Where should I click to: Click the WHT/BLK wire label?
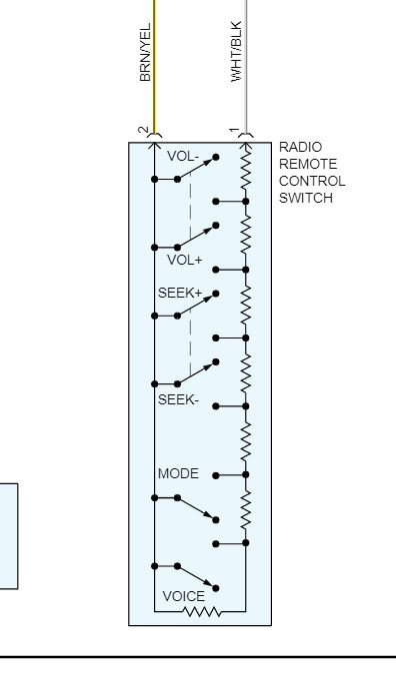tap(237, 52)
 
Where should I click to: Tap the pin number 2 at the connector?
tap(143, 131)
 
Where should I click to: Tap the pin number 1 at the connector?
tap(233, 131)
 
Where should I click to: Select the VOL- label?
tap(183, 156)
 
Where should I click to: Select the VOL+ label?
tap(184, 260)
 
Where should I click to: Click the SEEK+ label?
tap(180, 294)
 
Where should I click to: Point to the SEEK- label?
tap(179, 399)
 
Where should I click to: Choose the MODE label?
tap(178, 473)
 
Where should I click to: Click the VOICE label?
tap(183, 596)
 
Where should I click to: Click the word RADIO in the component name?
tap(300, 148)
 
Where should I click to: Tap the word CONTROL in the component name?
tap(312, 181)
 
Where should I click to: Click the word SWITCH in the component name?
tap(306, 198)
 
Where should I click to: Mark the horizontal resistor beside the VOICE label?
tap(202, 611)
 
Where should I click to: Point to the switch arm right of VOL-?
tap(197, 170)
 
